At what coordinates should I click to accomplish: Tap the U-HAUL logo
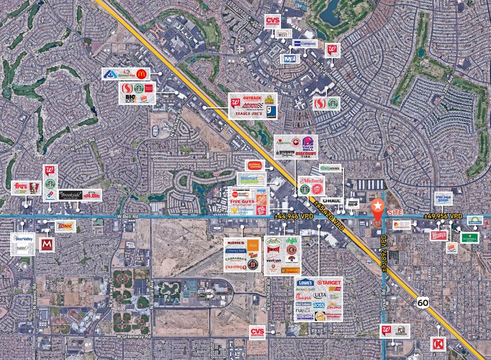click(x=331, y=200)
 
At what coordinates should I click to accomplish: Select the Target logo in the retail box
click(x=329, y=283)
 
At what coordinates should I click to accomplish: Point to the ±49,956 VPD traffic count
click(x=443, y=216)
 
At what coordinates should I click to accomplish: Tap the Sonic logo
click(x=65, y=226)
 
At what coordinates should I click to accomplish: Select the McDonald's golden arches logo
click(x=141, y=74)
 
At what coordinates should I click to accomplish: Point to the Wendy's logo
click(x=438, y=234)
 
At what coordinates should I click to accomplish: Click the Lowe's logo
click(x=305, y=283)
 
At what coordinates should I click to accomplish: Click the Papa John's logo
click(x=91, y=195)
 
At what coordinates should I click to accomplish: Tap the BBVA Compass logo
click(x=305, y=43)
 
